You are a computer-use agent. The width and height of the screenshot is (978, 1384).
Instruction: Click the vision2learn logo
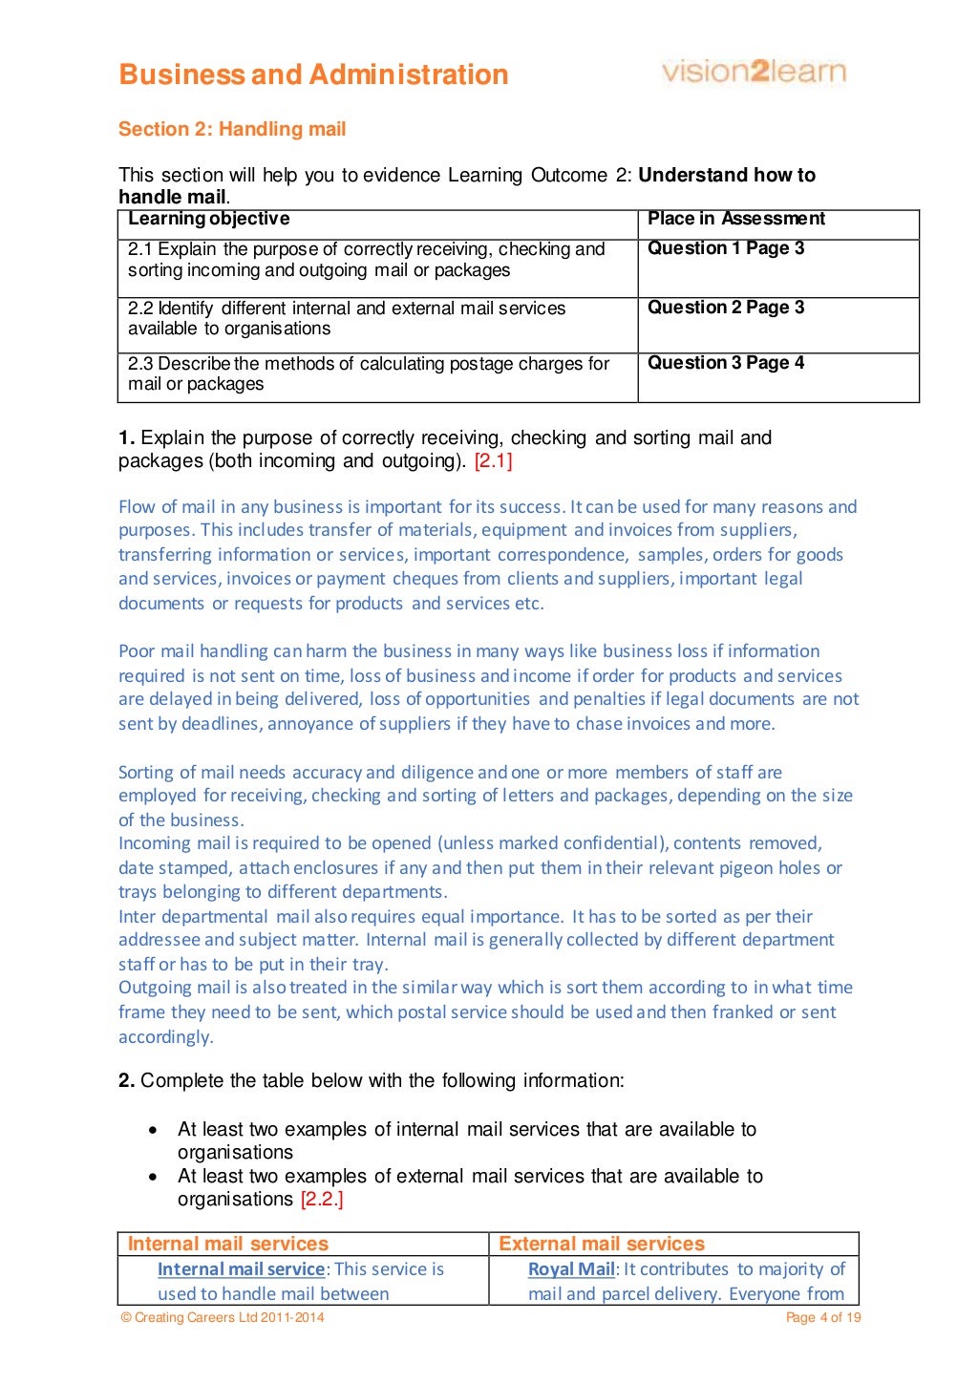pyautogui.click(x=754, y=72)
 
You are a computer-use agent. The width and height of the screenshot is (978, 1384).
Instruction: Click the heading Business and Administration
pyautogui.click(x=313, y=75)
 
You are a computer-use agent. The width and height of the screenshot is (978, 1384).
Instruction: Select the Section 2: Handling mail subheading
pyautogui.click(x=232, y=129)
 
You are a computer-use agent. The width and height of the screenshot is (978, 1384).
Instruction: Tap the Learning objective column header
pyautogui.click(x=208, y=219)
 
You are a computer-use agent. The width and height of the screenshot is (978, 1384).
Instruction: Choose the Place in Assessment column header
pyautogui.click(x=735, y=219)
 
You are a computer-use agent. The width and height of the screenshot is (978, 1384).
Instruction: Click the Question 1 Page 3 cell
pyautogui.click(x=726, y=248)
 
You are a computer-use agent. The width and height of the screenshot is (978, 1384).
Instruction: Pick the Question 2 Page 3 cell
pyautogui.click(x=726, y=308)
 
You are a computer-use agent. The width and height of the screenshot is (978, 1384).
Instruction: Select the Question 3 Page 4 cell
pyautogui.click(x=726, y=363)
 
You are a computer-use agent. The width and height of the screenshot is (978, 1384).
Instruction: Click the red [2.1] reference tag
pyautogui.click(x=493, y=461)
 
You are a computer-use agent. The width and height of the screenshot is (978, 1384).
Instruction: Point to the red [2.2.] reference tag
pyautogui.click(x=322, y=1200)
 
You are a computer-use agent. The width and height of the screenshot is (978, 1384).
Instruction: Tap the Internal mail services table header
pyautogui.click(x=228, y=1244)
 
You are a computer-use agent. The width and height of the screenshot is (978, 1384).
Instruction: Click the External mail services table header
pyautogui.click(x=602, y=1244)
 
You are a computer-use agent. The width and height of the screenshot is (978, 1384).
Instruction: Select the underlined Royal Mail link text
pyautogui.click(x=571, y=1269)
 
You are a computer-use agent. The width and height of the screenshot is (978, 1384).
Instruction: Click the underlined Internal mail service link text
pyautogui.click(x=241, y=1269)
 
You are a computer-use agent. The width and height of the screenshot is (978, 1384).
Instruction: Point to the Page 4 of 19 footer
pyautogui.click(x=822, y=1318)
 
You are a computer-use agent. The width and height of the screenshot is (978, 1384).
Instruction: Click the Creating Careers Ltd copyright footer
pyautogui.click(x=222, y=1318)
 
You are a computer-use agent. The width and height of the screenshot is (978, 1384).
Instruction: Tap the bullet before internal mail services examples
pyautogui.click(x=153, y=1130)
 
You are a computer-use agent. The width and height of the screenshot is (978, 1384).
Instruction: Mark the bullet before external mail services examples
pyautogui.click(x=153, y=1177)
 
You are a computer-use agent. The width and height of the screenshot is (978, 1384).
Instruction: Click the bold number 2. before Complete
pyautogui.click(x=127, y=1081)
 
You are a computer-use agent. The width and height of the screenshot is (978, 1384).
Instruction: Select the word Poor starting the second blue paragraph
pyautogui.click(x=137, y=651)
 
